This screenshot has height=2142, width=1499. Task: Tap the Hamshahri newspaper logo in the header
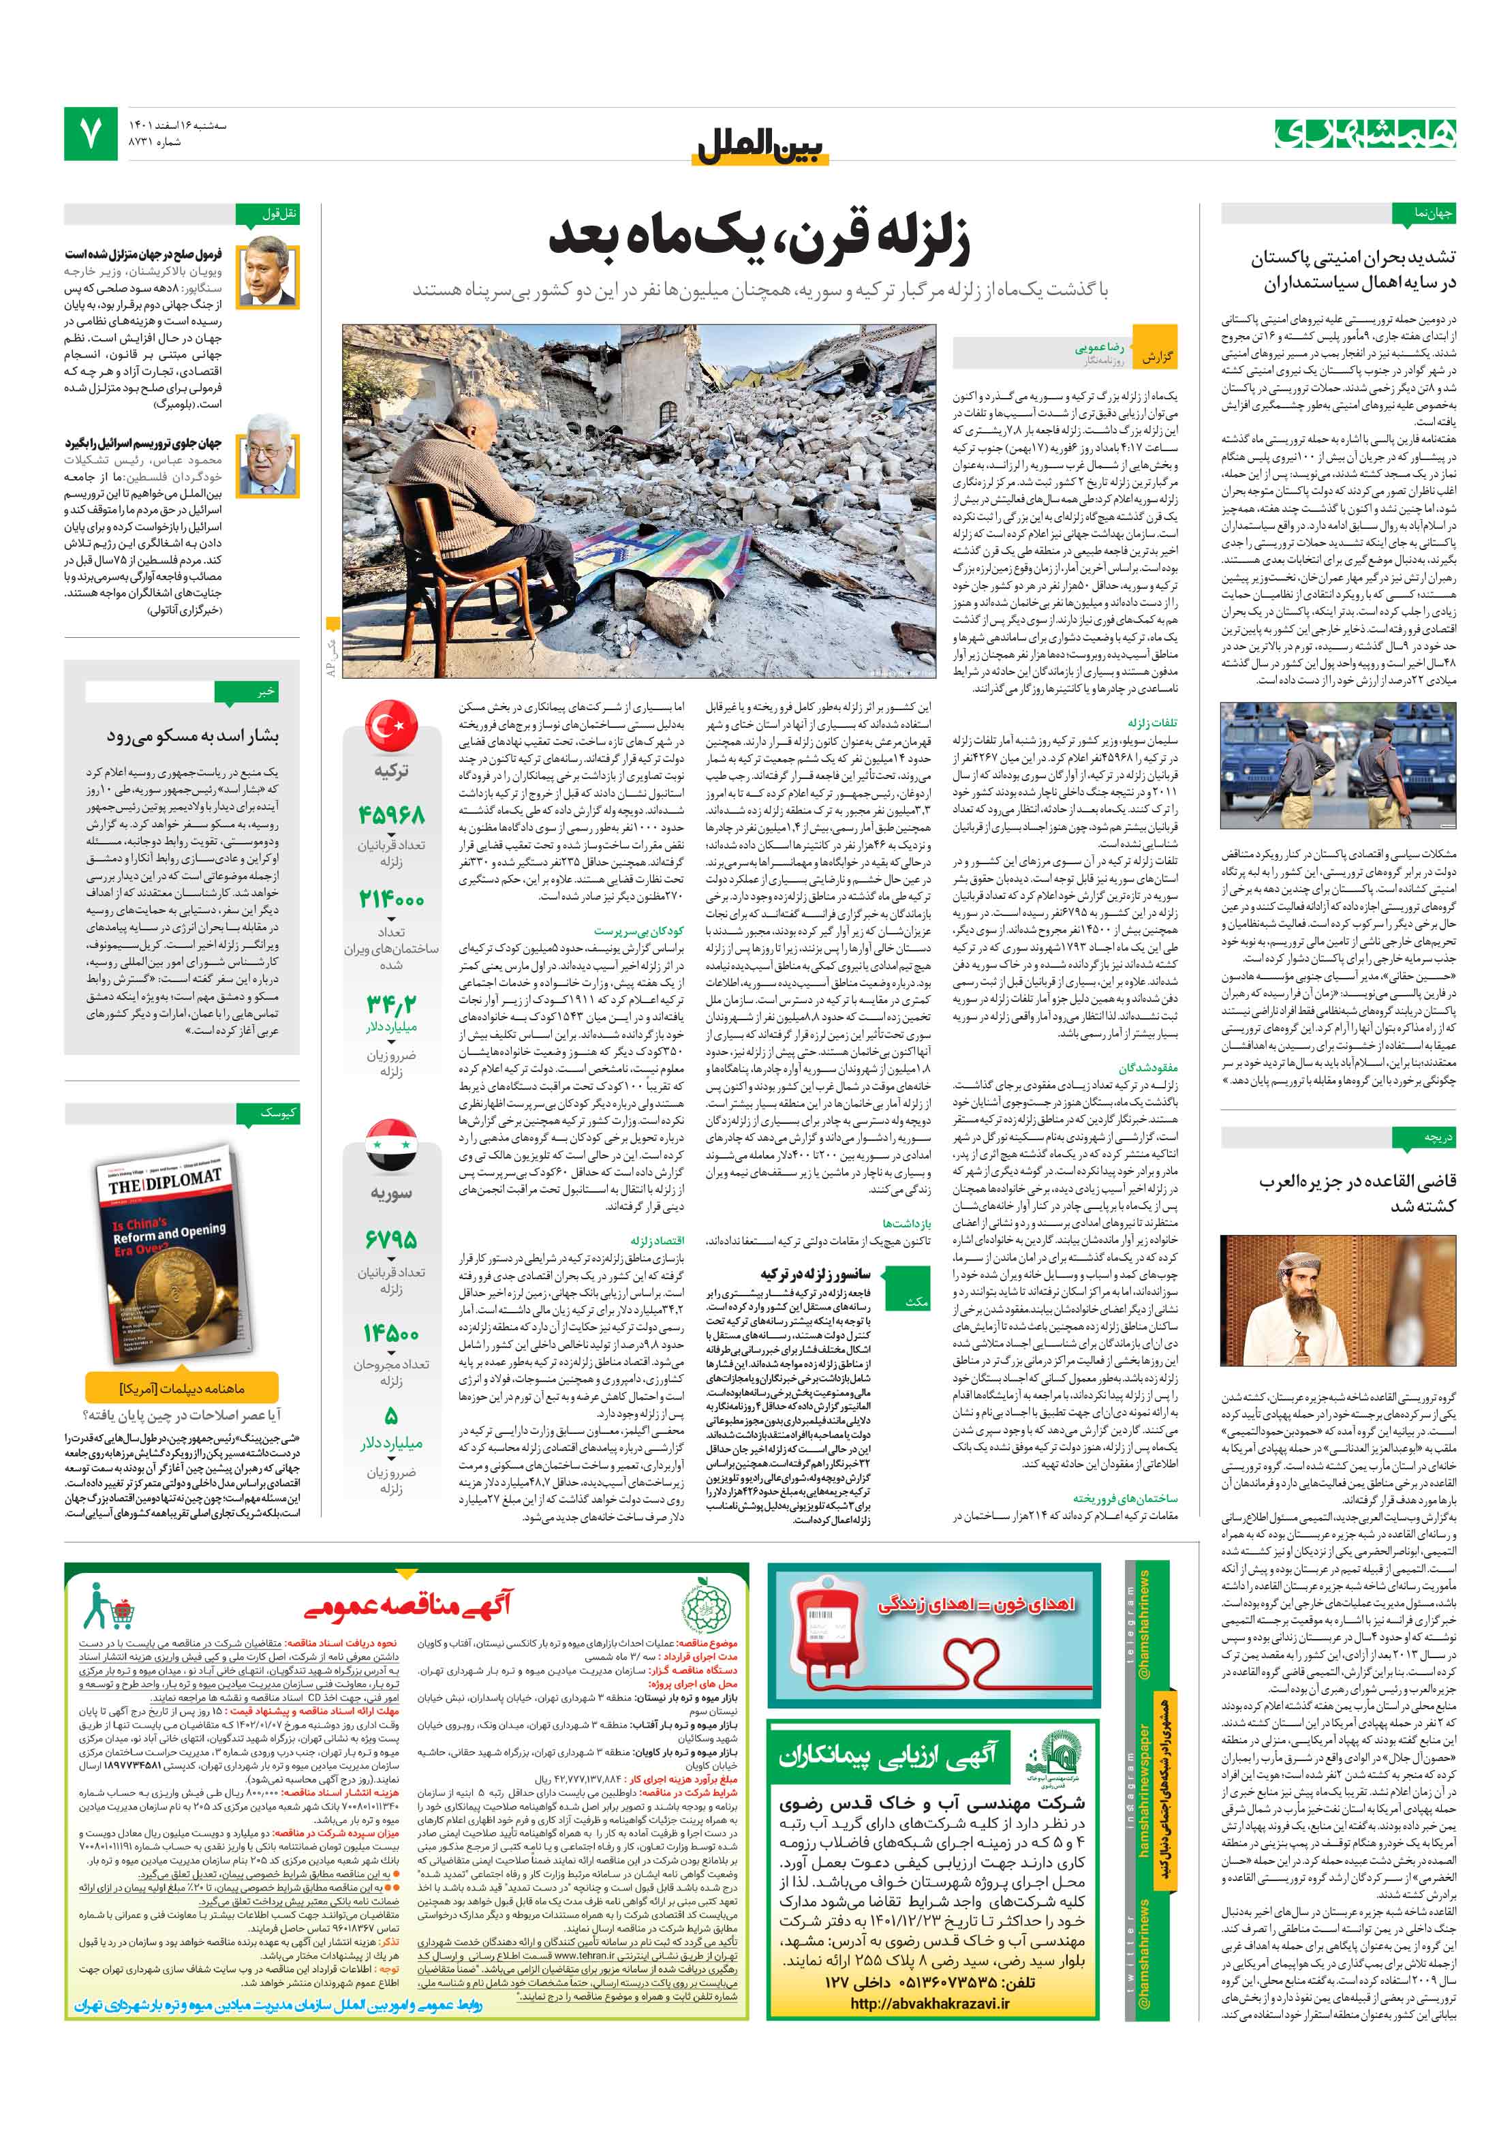coord(1365,134)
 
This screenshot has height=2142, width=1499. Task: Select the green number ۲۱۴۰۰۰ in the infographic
coord(391,898)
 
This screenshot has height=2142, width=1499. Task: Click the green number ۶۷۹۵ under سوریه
coord(391,1239)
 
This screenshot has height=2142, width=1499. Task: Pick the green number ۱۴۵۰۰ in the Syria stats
coord(391,1332)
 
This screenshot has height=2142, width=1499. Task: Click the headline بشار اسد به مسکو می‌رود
coord(192,736)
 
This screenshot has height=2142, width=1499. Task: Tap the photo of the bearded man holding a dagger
coord(1338,1300)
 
